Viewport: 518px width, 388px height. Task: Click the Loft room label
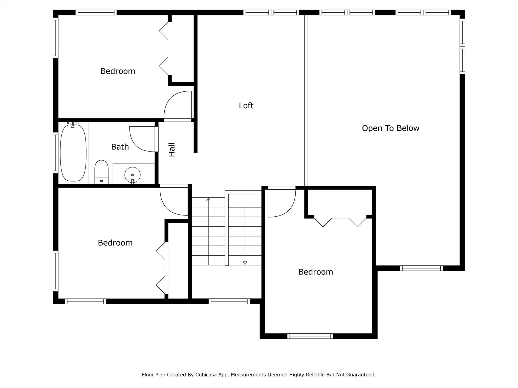tap(246, 105)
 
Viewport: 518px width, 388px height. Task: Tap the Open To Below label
tap(390, 128)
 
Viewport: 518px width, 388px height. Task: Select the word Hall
tap(172, 150)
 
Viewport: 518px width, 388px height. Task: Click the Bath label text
tap(120, 147)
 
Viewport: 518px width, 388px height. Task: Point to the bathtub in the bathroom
tap(73, 153)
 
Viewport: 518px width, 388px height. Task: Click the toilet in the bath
tap(101, 172)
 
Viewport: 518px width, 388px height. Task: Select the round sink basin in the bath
tap(132, 175)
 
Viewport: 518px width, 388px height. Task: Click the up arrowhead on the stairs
tap(208, 200)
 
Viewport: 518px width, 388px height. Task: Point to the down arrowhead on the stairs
tap(245, 263)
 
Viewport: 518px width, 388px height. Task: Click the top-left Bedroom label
tap(118, 71)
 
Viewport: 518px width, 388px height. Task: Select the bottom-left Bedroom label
tap(115, 243)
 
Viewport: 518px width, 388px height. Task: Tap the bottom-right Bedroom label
tap(315, 272)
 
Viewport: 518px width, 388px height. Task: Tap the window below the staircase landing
tap(229, 301)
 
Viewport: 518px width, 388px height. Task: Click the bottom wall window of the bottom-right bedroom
tap(310, 336)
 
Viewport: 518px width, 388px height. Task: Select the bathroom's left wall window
tap(55, 153)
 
